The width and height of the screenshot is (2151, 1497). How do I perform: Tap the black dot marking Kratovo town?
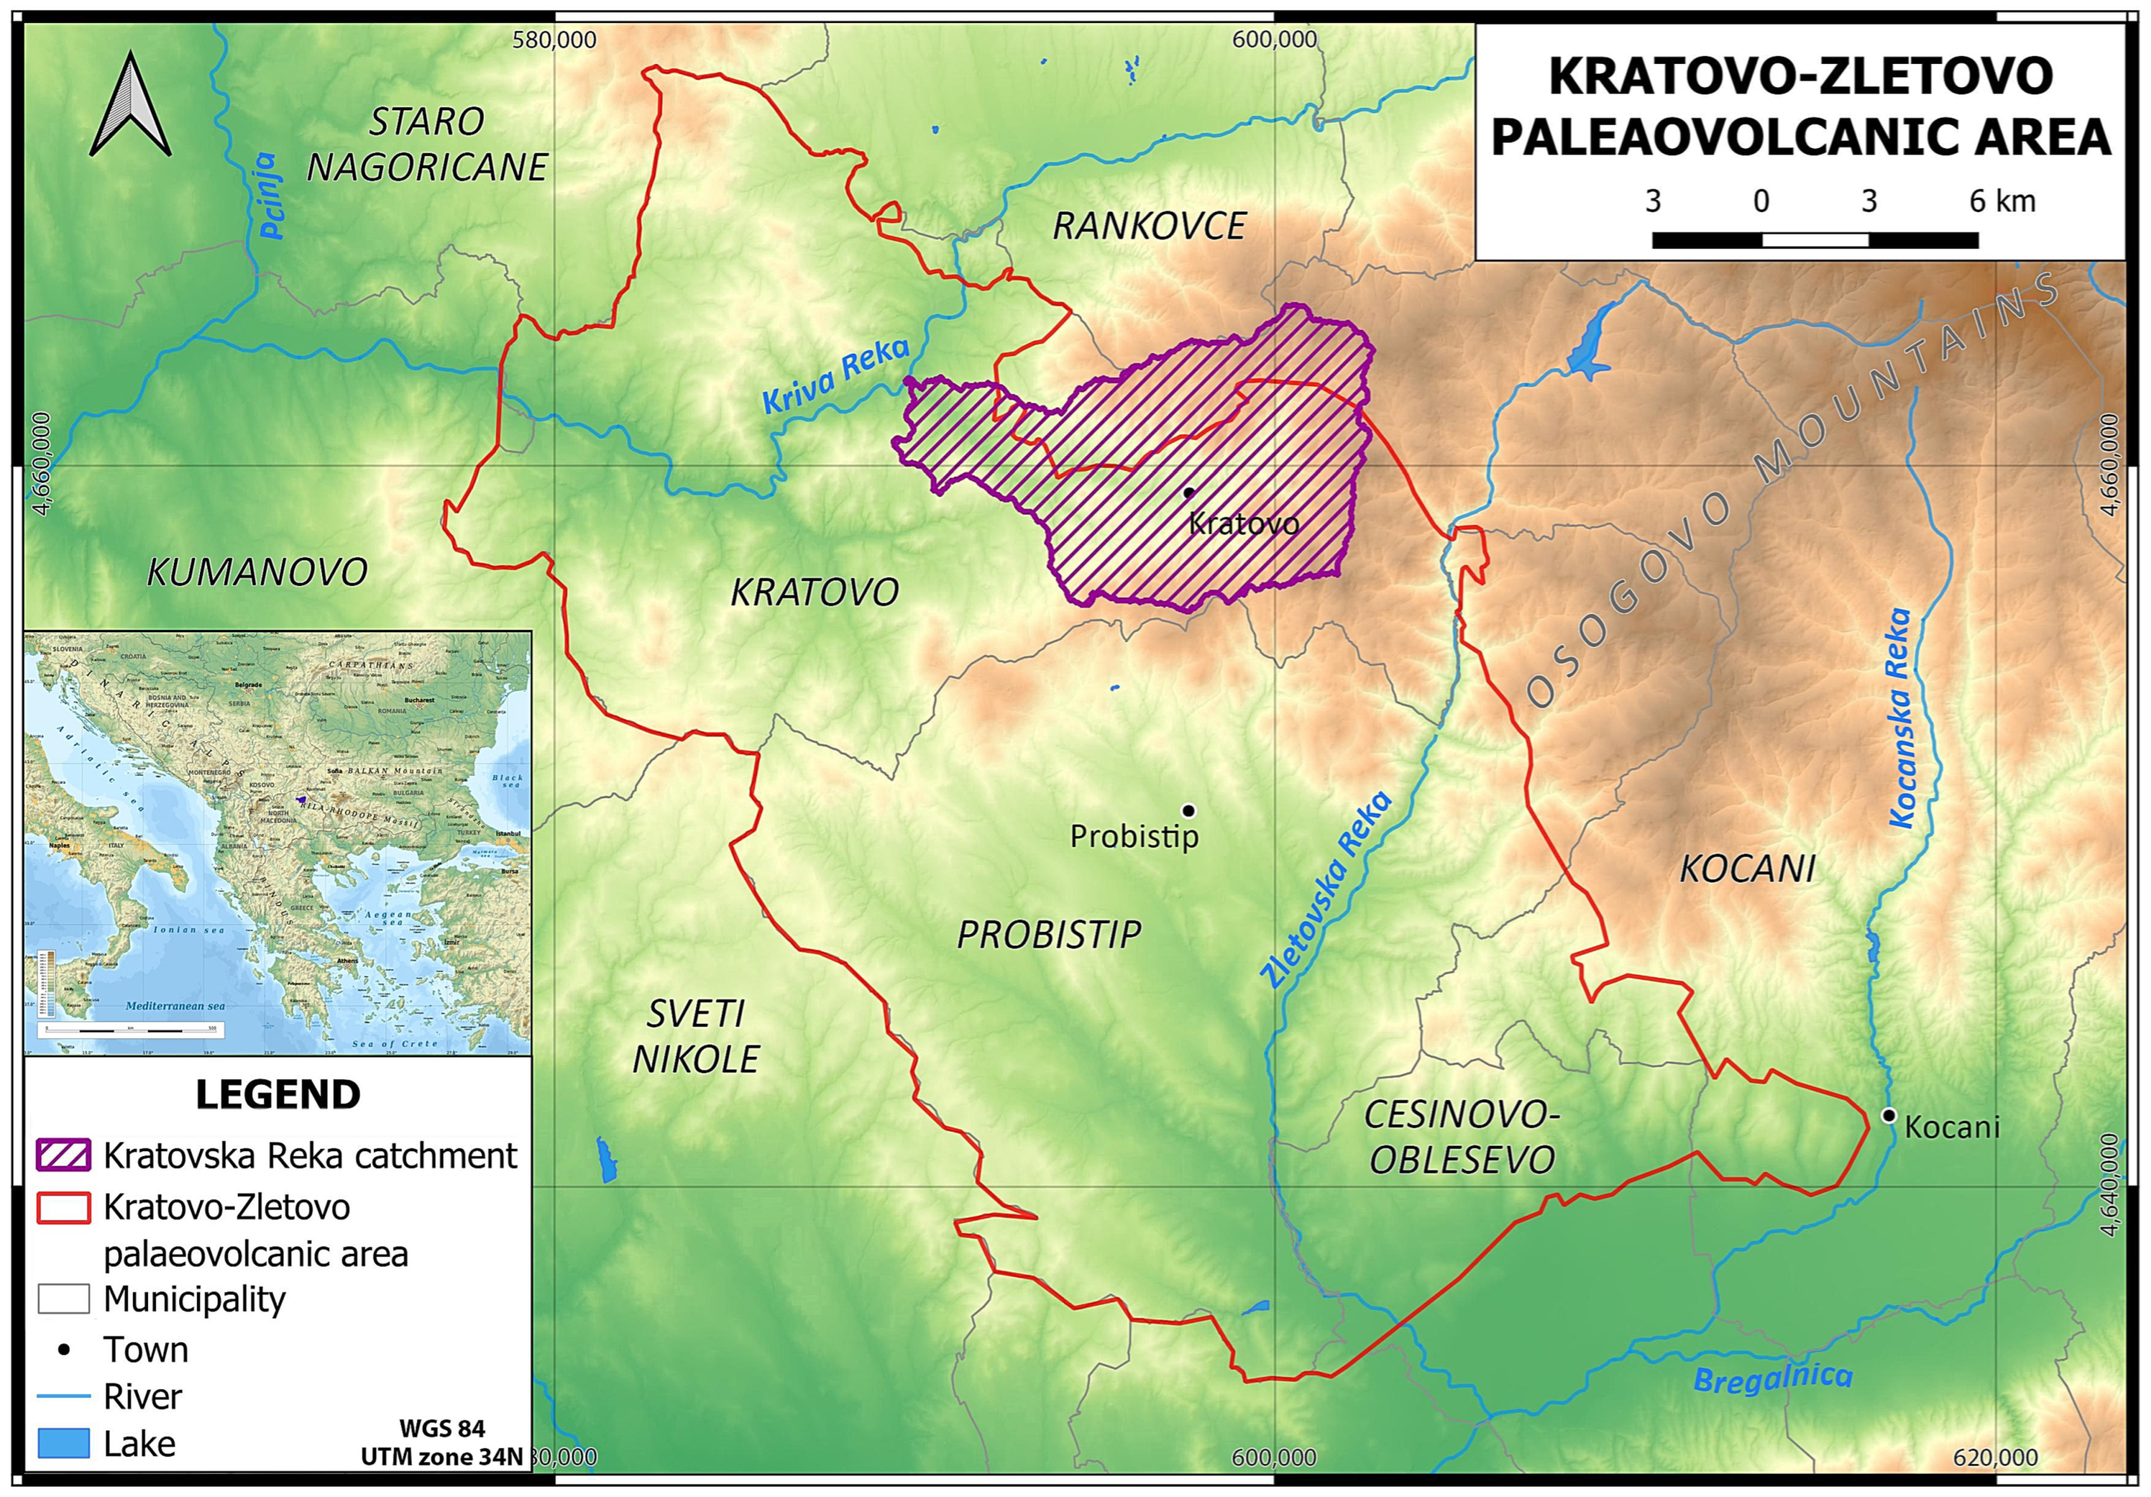coord(1189,492)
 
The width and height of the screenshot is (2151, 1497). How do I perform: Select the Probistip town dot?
coord(1188,811)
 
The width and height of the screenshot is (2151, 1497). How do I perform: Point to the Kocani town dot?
coord(1889,1115)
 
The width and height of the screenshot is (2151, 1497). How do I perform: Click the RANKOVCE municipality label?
coord(1150,226)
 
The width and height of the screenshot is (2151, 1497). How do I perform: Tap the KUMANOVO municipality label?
coord(257,571)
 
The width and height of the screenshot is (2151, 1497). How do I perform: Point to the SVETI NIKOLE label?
coord(695,1036)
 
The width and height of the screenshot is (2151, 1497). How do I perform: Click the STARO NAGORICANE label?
coord(428,144)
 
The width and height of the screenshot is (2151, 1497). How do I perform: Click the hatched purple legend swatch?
coord(64,1155)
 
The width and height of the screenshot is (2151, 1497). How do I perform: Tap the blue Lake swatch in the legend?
coord(64,1443)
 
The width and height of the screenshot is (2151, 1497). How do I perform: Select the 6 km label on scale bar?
coord(2003,201)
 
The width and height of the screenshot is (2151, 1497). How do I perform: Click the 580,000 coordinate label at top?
coord(553,40)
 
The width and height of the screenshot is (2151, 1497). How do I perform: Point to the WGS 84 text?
coord(442,1428)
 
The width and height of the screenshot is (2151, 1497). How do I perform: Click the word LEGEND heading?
coord(277,1094)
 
